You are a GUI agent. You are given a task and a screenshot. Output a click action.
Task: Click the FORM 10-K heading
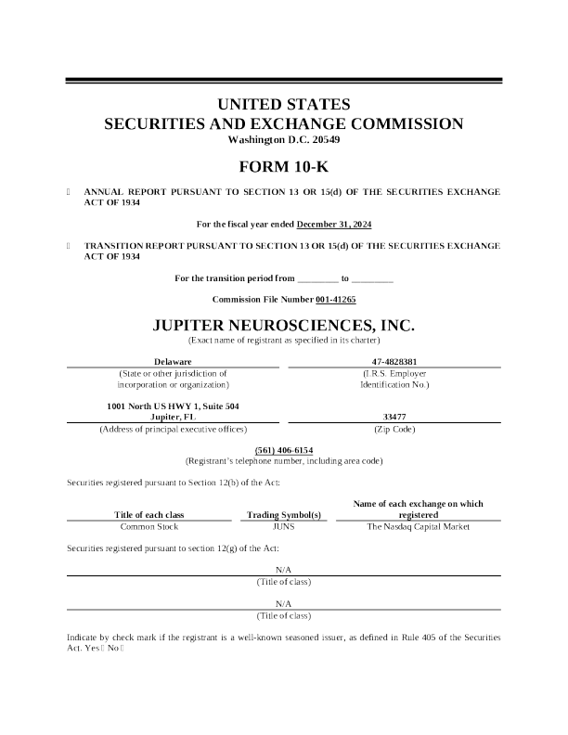click(x=283, y=168)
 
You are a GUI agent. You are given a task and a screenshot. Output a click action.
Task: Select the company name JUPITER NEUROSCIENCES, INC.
click(x=283, y=327)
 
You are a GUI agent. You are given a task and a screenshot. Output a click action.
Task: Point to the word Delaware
click(x=173, y=361)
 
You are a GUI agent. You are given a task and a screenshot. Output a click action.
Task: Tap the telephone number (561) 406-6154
click(x=283, y=449)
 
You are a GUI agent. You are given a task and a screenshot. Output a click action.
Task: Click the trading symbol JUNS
click(x=283, y=526)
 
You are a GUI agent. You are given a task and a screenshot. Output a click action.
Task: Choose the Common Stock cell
click(x=149, y=526)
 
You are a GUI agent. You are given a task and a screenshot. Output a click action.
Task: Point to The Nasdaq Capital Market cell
click(x=419, y=526)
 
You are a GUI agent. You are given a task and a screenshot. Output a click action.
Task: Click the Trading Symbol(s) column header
click(x=283, y=514)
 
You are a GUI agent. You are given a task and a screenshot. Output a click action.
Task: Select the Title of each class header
click(x=149, y=514)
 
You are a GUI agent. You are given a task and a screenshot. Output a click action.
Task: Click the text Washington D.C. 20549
click(x=283, y=139)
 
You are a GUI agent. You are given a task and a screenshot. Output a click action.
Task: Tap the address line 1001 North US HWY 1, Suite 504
click(x=173, y=406)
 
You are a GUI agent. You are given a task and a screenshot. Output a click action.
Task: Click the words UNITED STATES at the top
click(x=283, y=104)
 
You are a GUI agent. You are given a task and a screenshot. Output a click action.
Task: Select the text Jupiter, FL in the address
click(x=173, y=418)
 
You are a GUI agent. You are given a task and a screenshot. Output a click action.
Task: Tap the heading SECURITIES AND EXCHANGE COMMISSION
click(x=283, y=123)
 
